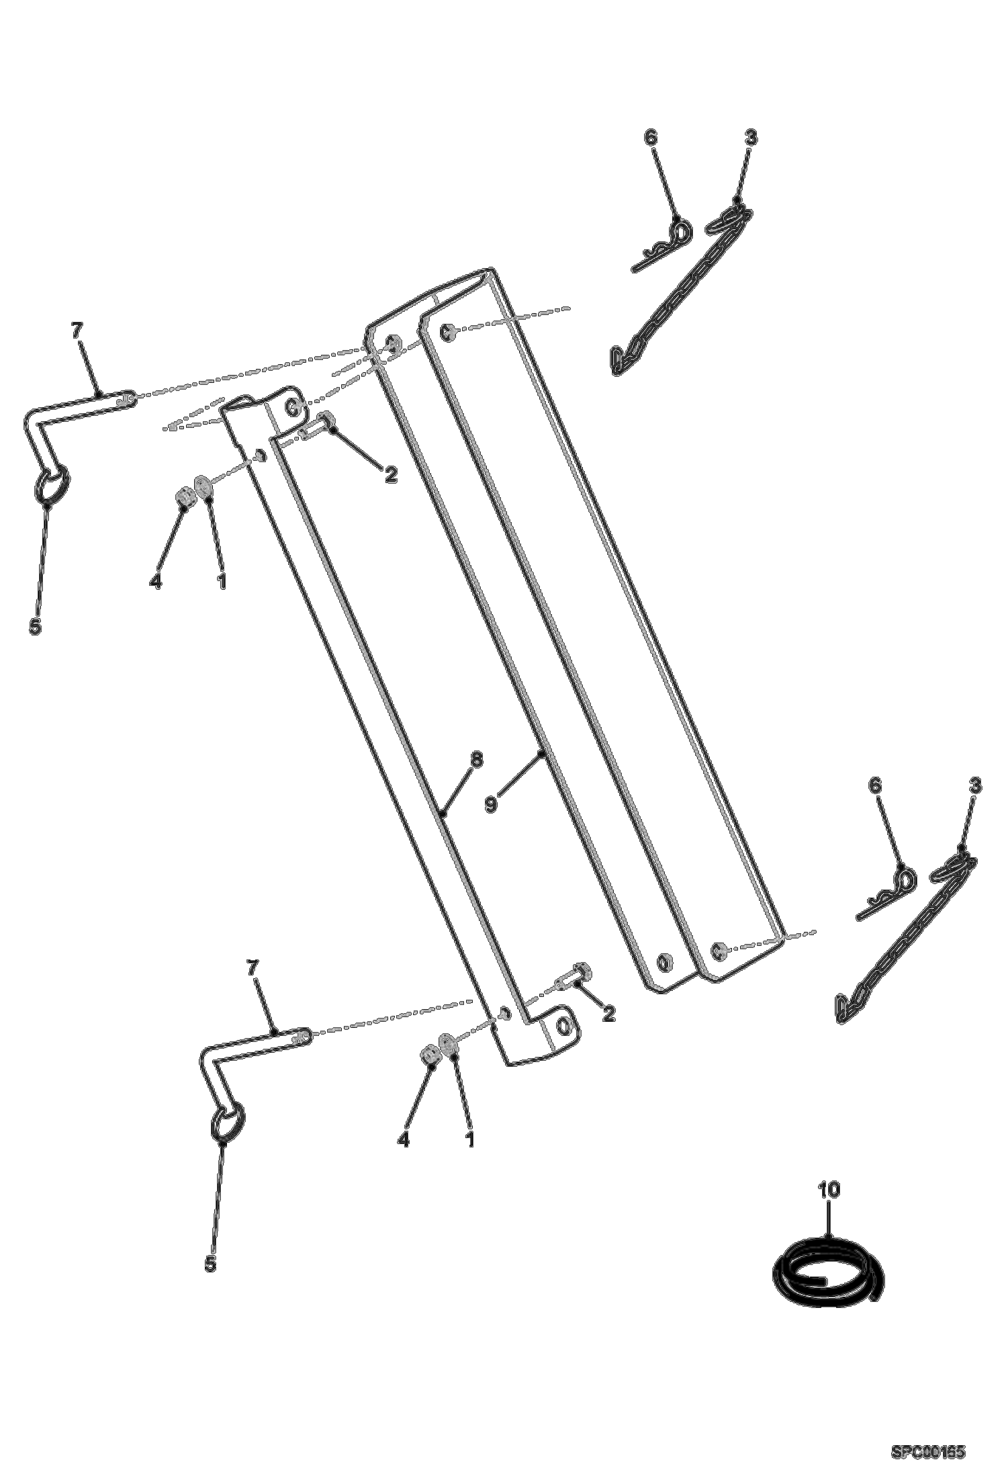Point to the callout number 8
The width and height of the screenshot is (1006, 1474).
pyautogui.click(x=476, y=759)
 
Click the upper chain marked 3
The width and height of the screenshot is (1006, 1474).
pyautogui.click(x=678, y=289)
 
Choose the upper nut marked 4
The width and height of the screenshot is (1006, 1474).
pyautogui.click(x=185, y=497)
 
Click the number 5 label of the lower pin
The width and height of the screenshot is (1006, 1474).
pyautogui.click(x=211, y=1263)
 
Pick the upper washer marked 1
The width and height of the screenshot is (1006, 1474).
pyautogui.click(x=203, y=484)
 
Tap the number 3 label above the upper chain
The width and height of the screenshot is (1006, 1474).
pyautogui.click(x=750, y=138)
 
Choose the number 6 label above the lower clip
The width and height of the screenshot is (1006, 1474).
pyautogui.click(x=874, y=785)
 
